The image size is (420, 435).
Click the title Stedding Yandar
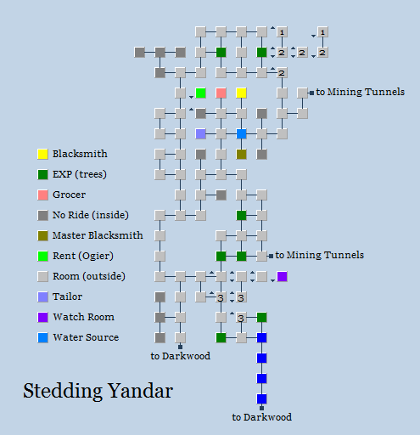pyautogui.click(x=98, y=392)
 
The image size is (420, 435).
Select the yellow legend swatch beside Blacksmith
pyautogui.click(x=42, y=154)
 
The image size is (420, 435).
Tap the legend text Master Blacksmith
pyautogui.click(x=97, y=235)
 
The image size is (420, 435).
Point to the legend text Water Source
pyautogui.click(x=86, y=337)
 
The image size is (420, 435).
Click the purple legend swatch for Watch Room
pyautogui.click(x=42, y=317)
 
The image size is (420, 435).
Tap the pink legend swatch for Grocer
pyautogui.click(x=42, y=195)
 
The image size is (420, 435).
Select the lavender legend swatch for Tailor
pyautogui.click(x=42, y=297)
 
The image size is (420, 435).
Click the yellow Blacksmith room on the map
pyautogui.click(x=241, y=93)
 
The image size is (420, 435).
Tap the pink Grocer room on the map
pyautogui.click(x=221, y=93)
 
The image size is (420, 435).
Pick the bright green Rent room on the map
pyautogui.click(x=200, y=93)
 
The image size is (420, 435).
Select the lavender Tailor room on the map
pyautogui.click(x=200, y=133)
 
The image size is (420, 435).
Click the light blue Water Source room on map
pyautogui.click(x=241, y=133)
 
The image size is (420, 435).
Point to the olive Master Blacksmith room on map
pyautogui.click(x=241, y=154)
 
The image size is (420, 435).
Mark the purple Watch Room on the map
pyautogui.click(x=282, y=276)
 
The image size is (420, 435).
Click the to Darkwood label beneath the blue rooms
pyautogui.click(x=261, y=417)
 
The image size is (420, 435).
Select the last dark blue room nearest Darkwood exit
pyautogui.click(x=261, y=398)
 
